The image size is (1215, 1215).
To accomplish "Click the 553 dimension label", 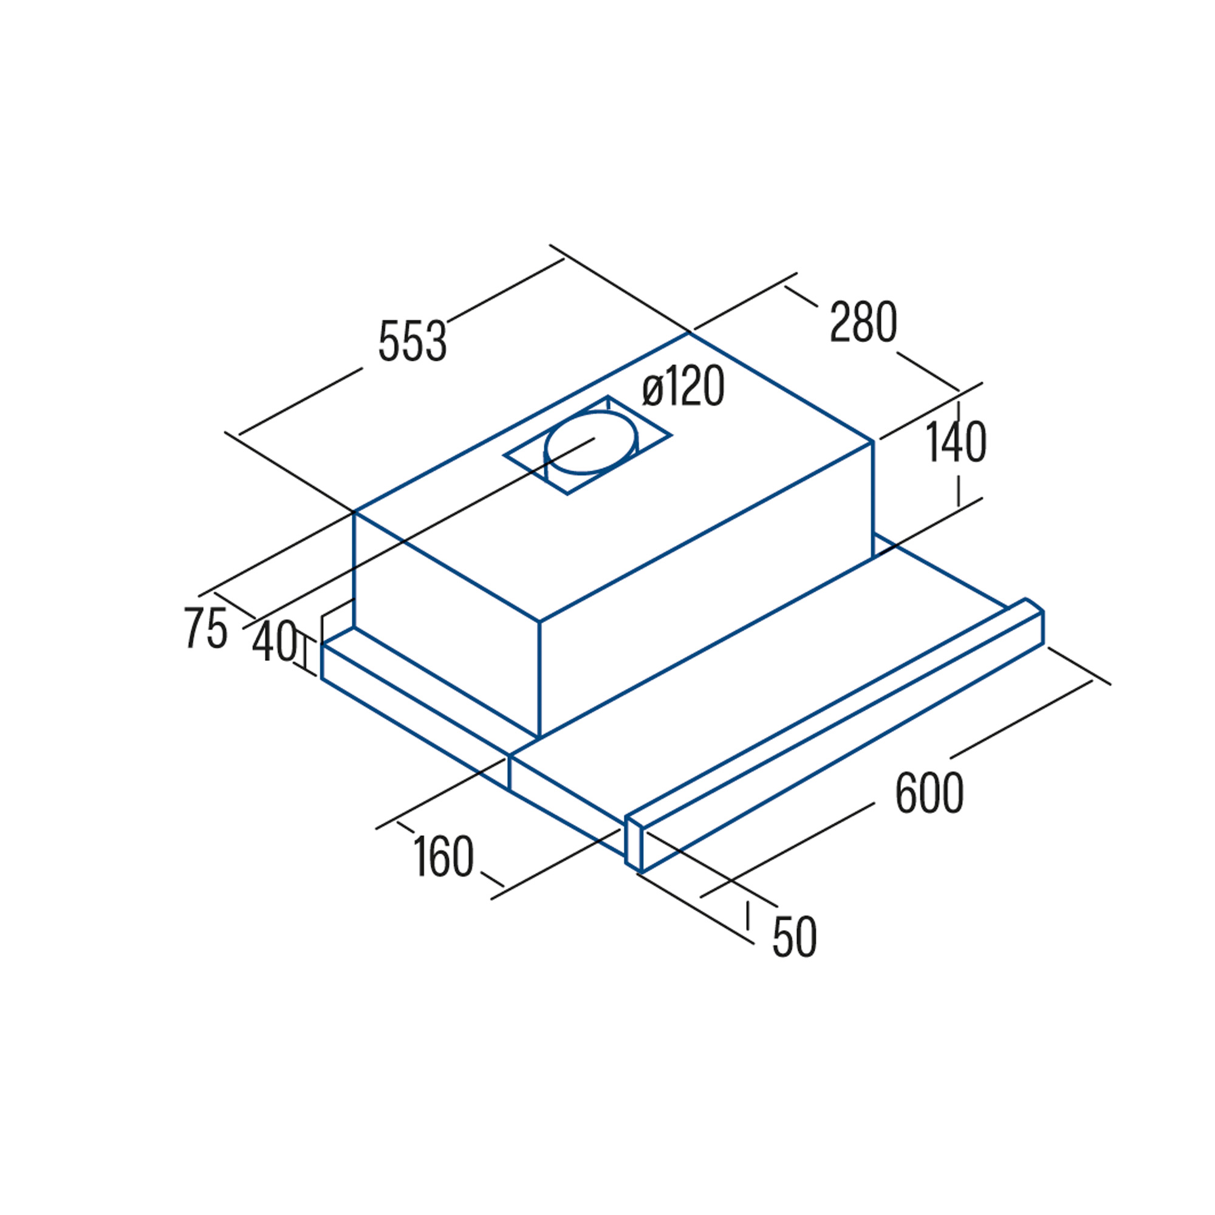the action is pos(412,341).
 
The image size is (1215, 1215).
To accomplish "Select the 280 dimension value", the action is pos(863,321).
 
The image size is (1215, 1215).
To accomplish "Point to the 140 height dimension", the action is pos(956,442).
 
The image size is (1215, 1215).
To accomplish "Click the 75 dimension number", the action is pos(207,627).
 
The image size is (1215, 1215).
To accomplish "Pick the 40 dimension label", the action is pos(275,641).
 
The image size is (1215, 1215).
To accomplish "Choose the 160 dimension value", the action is pos(443,856).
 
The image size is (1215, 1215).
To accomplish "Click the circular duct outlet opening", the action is pos(591,443).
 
